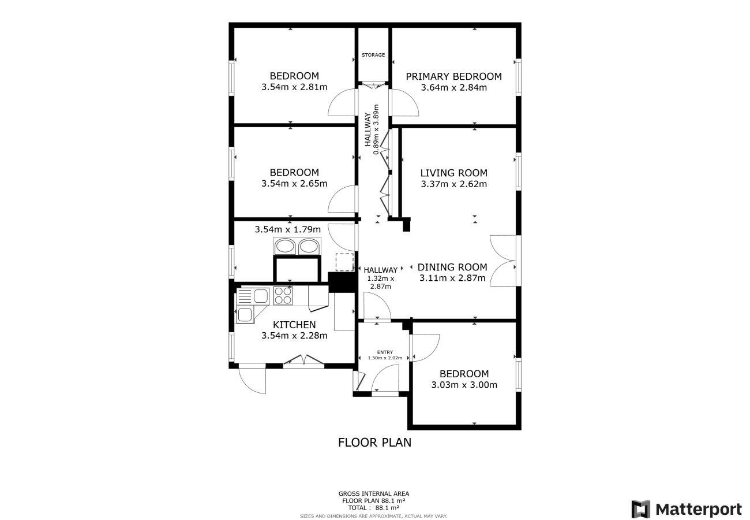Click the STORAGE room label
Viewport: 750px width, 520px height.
pyautogui.click(x=373, y=55)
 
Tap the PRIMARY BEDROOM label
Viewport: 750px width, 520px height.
pyautogui.click(x=453, y=76)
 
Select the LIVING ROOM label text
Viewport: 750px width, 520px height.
pyautogui.click(x=453, y=173)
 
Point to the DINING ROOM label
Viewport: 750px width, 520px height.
pyautogui.click(x=452, y=267)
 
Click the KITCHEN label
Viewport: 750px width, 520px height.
pyautogui.click(x=294, y=325)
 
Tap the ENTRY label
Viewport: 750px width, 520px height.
pyautogui.click(x=385, y=352)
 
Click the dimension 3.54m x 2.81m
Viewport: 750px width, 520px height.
pyautogui.click(x=294, y=87)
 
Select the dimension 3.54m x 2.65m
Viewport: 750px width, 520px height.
pyautogui.click(x=294, y=184)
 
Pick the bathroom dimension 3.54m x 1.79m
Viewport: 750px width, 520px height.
pyautogui.click(x=288, y=229)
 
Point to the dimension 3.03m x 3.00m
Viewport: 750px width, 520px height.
pyautogui.click(x=464, y=385)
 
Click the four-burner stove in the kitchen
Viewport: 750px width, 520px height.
pyautogui.click(x=283, y=296)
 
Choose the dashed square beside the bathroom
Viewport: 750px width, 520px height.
pyautogui.click(x=344, y=262)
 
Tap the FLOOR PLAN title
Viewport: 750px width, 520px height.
pyautogui.click(x=374, y=443)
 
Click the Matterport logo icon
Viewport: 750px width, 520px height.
pyautogui.click(x=641, y=509)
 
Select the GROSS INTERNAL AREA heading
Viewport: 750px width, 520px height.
pyautogui.click(x=374, y=493)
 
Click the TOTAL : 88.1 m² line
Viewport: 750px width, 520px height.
pyautogui.click(x=374, y=508)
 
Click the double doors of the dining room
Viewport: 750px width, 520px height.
pyautogui.click(x=503, y=261)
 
